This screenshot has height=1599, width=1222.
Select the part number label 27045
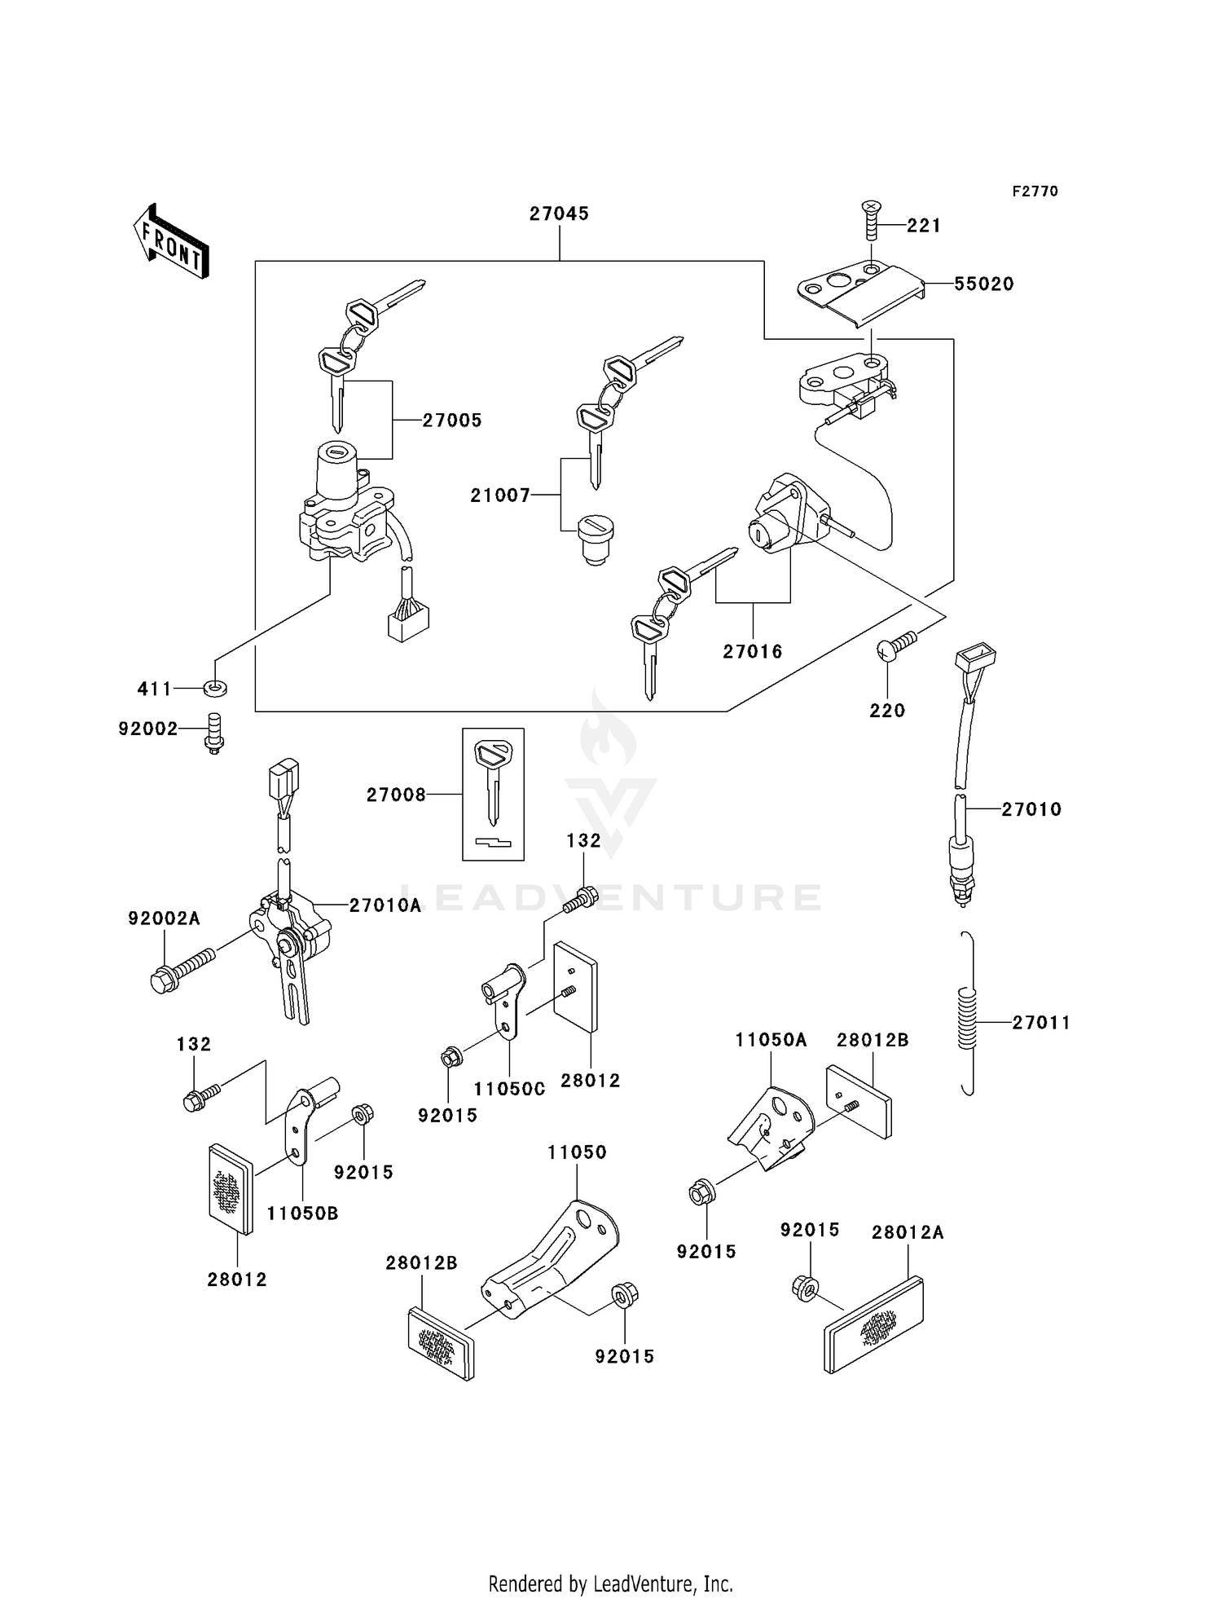(559, 214)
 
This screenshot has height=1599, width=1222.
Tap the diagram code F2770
(1035, 192)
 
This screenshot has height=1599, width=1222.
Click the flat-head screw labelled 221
(871, 219)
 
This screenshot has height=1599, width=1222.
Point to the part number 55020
(983, 284)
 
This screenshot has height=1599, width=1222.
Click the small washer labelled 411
(215, 689)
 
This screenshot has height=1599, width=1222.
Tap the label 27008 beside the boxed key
(396, 795)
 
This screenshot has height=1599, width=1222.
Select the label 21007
(500, 496)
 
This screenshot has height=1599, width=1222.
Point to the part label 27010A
(385, 905)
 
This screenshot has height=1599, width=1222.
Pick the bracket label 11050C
(509, 1090)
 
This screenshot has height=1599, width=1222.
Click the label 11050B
(302, 1214)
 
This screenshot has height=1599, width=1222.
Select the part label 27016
(752, 652)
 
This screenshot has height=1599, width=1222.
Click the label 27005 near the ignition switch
(452, 421)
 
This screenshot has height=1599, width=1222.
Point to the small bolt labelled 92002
(213, 733)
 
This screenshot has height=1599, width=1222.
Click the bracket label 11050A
(770, 1040)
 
